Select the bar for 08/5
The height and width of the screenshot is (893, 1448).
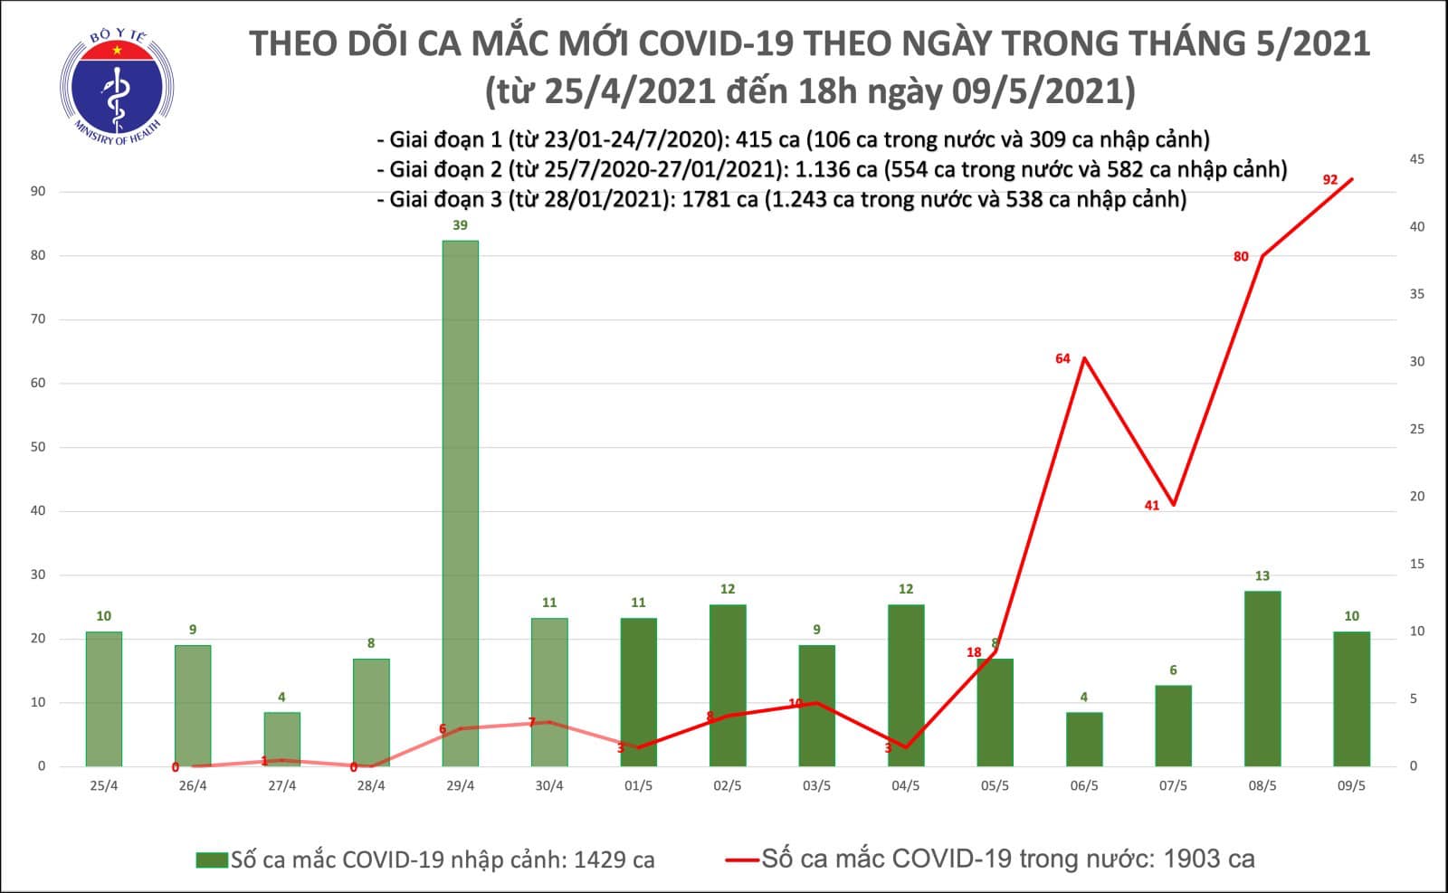(1262, 679)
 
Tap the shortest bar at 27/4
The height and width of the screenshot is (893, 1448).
(281, 740)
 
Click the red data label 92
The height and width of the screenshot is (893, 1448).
(1329, 180)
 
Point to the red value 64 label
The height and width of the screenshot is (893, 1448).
(1062, 359)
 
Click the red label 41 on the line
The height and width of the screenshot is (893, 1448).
(1151, 506)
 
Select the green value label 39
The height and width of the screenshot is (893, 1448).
(460, 225)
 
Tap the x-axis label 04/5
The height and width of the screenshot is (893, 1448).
(905, 786)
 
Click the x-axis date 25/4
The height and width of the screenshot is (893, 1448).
(103, 786)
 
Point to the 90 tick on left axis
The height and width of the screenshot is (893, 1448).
(38, 192)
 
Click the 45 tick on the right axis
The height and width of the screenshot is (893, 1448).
(1416, 159)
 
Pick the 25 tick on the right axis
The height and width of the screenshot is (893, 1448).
(1416, 429)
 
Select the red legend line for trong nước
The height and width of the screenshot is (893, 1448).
(741, 860)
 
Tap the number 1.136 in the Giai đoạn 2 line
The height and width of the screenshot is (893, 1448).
(820, 169)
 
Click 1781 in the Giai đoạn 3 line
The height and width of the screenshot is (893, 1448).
(708, 199)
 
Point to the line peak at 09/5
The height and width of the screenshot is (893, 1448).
(1351, 179)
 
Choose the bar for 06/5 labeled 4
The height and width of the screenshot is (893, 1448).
(1083, 739)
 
